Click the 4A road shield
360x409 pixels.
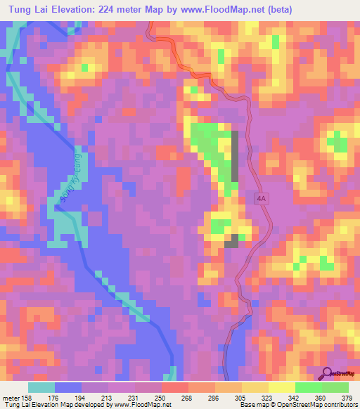tap(262, 199)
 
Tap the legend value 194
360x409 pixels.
tap(82, 396)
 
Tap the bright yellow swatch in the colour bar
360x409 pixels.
tap(281, 387)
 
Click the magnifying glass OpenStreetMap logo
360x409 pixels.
tap(328, 372)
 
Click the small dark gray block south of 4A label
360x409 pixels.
tap(231, 241)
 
